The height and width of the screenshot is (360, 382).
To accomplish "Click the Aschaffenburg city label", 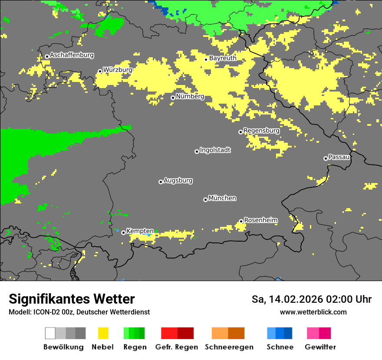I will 72,55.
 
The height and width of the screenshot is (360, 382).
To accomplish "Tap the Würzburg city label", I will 118,69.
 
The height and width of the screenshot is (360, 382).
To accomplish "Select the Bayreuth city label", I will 223,58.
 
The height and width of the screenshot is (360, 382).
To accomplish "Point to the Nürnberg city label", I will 190,96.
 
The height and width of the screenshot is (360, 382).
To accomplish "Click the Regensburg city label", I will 261,130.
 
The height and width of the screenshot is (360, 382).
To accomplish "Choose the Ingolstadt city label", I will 215,150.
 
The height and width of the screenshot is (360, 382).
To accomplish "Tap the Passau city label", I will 339,157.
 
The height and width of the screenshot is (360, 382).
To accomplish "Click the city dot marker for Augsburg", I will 161,182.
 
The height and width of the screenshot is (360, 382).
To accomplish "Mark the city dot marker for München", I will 205,200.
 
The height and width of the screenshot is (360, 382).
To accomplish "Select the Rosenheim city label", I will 260,220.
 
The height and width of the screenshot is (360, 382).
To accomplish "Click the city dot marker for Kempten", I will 124,232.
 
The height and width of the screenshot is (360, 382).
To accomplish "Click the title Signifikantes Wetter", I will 72,299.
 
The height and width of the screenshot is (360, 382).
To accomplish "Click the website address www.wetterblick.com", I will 313,312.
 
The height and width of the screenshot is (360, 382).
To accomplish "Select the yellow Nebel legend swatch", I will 103,333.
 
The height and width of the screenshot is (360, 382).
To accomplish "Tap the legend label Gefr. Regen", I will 177,347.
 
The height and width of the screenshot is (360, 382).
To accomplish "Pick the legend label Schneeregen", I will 229,347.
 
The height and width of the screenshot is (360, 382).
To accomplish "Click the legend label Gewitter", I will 320,347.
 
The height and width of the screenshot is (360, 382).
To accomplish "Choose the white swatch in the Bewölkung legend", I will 50,333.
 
